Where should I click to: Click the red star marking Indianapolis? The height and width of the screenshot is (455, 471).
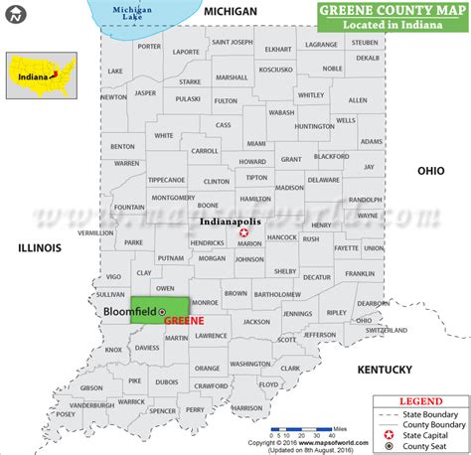pyautogui.click(x=243, y=232)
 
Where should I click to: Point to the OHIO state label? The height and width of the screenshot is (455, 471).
pyautogui.click(x=430, y=171)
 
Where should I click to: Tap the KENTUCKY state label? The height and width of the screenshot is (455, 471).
pyautogui.click(x=385, y=370)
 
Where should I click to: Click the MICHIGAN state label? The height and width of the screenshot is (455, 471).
pyautogui.click(x=231, y=10)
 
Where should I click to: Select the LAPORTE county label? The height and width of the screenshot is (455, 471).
pyautogui.click(x=185, y=51)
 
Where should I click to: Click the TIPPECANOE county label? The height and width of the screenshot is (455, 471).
pyautogui.click(x=167, y=180)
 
